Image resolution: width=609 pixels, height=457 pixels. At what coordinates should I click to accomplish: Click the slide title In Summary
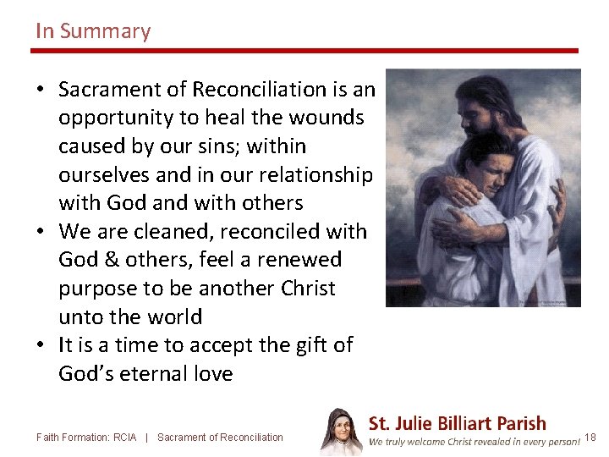pyautogui.click(x=93, y=32)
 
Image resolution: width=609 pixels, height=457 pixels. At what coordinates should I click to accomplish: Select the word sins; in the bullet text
pyautogui.click(x=224, y=146)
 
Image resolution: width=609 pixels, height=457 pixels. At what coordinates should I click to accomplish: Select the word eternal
pyautogui.click(x=161, y=374)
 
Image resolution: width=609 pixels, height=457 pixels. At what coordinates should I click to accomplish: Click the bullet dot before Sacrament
pyautogui.click(x=41, y=90)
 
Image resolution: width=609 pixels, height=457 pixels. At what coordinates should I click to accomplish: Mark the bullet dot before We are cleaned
pyautogui.click(x=41, y=232)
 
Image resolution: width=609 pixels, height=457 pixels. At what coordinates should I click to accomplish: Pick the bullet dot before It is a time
pyautogui.click(x=41, y=345)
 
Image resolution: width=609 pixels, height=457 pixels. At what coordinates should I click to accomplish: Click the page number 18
pyautogui.click(x=590, y=438)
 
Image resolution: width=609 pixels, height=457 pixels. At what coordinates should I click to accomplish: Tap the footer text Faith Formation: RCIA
pyautogui.click(x=86, y=438)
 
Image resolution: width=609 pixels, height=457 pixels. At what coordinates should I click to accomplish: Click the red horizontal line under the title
pyautogui.click(x=304, y=51)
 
